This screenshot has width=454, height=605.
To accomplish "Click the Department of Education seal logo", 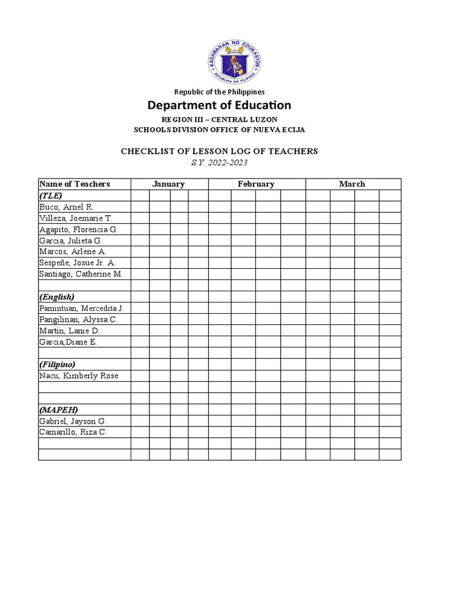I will (x=234, y=61).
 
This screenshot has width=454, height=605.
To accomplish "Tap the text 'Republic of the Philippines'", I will (x=219, y=92).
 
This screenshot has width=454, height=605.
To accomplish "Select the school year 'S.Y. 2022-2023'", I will (x=219, y=162).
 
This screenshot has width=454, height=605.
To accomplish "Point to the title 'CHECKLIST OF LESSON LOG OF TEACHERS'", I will (x=219, y=151).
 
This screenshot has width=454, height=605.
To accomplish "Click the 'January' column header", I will (x=168, y=184).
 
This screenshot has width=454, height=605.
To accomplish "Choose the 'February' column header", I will (x=256, y=184).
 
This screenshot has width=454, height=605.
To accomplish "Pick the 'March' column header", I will (x=352, y=184).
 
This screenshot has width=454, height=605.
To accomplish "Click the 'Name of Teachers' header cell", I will (x=74, y=184).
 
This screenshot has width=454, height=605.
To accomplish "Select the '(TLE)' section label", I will (x=51, y=195).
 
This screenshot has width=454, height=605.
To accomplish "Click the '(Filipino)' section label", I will (x=57, y=365).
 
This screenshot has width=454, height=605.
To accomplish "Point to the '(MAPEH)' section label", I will (x=59, y=409).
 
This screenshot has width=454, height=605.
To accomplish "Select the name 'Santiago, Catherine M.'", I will (x=80, y=274).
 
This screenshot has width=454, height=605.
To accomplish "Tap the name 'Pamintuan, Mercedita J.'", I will (x=82, y=308).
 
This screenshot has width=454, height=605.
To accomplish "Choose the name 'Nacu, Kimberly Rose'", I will (x=78, y=376).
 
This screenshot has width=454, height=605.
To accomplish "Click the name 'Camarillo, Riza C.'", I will (x=73, y=432).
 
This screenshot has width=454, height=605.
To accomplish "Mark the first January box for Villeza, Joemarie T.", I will (x=140, y=218).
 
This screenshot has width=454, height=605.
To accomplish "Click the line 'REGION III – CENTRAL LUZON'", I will (x=219, y=119).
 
